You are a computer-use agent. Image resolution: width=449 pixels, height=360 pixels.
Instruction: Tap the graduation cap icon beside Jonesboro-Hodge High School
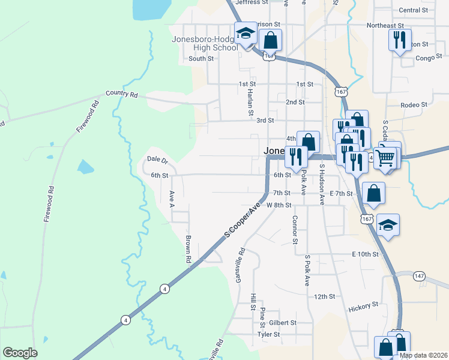click(x=246, y=34)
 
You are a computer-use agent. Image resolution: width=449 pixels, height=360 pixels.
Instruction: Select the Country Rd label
click(x=122, y=94)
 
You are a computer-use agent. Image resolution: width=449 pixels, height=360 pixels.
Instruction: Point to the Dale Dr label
click(x=157, y=160)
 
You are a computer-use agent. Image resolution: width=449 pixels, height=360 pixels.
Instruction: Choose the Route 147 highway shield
click(x=419, y=275)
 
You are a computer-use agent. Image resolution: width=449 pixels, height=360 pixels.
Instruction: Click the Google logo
click(x=20, y=353)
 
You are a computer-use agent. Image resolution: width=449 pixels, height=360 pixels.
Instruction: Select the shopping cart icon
click(x=387, y=157)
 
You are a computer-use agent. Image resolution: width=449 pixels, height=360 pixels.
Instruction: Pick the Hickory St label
click(x=363, y=307)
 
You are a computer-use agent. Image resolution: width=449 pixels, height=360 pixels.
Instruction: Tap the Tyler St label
click(x=268, y=334)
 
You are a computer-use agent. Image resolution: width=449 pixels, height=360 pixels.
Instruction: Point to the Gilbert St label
click(x=283, y=322)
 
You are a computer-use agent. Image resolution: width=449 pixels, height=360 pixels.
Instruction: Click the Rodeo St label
click(x=414, y=104)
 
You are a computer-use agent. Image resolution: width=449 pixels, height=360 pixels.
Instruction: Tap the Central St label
click(x=413, y=10)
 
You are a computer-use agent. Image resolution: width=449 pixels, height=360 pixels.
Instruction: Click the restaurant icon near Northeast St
click(x=399, y=40)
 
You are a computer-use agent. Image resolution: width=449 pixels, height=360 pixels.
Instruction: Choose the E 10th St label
click(x=366, y=254)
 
